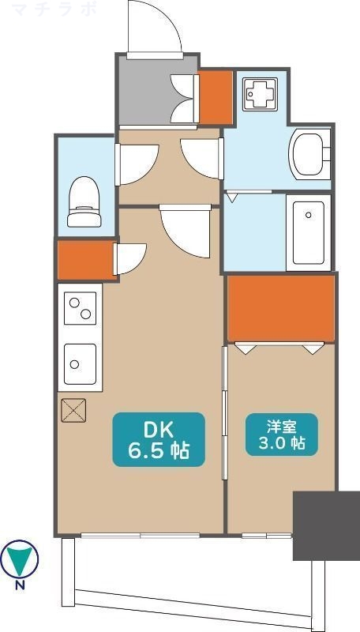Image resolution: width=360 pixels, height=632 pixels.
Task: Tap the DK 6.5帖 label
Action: (158, 440)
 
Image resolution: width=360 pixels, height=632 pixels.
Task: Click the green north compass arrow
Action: (19, 559)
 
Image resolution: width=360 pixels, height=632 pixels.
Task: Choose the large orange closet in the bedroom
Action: (281, 308)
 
